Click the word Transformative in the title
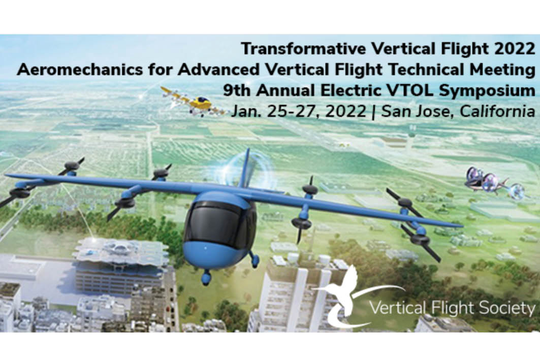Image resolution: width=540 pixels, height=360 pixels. pyautogui.click(x=303, y=49)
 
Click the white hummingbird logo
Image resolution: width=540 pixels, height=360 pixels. pyautogui.click(x=348, y=296)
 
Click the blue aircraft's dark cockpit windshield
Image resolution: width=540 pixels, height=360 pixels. pyautogui.click(x=217, y=222)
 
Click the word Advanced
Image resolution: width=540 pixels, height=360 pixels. pyautogui.click(x=218, y=70)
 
